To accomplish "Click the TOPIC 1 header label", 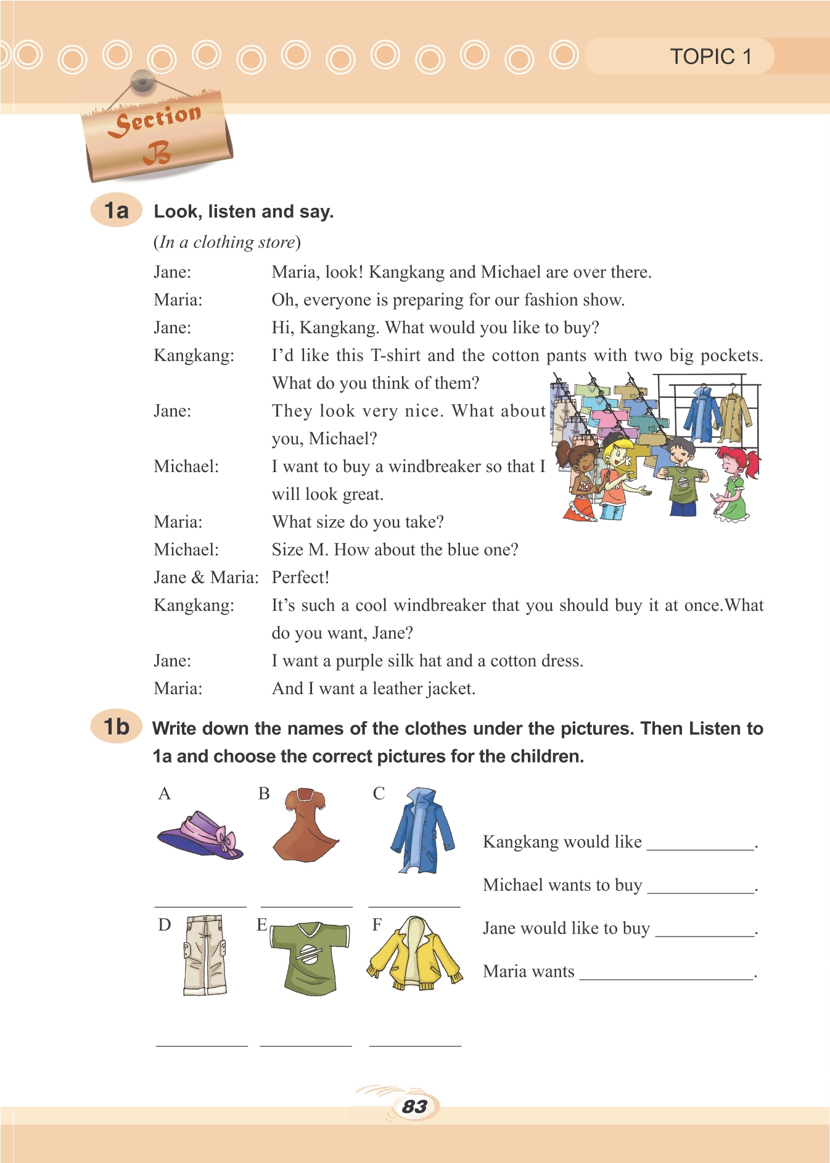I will (710, 57).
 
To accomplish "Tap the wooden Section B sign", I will (158, 136).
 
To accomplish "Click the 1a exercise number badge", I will (117, 210).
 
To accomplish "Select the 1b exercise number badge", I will (117, 727).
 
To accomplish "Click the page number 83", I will (414, 1106).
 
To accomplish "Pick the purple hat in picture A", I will (201, 835).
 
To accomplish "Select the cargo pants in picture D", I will (205, 954).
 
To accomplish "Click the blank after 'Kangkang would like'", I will (700, 843).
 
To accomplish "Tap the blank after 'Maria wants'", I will (666, 972).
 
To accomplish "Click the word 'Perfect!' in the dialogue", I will (300, 577).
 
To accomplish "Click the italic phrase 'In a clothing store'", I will (227, 242).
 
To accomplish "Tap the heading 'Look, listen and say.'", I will (244, 212).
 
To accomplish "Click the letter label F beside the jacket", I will (377, 924).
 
